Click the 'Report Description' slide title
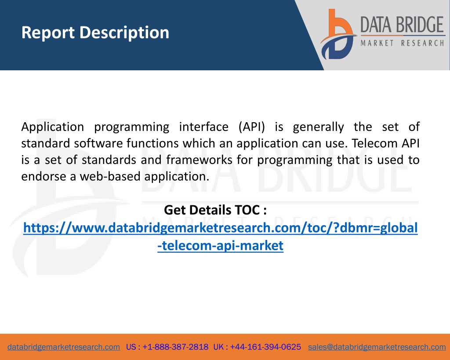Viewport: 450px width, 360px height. coord(95,33)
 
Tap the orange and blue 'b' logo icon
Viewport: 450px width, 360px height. coord(338,34)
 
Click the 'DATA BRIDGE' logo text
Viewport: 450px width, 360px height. coord(402,25)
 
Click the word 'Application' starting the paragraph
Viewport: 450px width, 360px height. coord(53,127)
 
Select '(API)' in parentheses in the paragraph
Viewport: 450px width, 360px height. coord(252,127)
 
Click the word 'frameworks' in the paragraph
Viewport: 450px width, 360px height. coord(199,160)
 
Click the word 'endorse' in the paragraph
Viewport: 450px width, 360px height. coord(44,176)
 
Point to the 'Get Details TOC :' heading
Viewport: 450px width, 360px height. coord(215,210)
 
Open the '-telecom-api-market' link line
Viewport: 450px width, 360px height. coord(221,246)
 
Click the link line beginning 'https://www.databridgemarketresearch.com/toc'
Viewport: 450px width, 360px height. coord(221,228)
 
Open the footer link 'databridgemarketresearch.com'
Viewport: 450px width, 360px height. coord(64,347)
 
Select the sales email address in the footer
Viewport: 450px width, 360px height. coord(377,347)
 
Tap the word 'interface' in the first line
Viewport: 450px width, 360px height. coord(204,127)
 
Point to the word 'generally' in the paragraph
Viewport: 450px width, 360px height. coord(318,127)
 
